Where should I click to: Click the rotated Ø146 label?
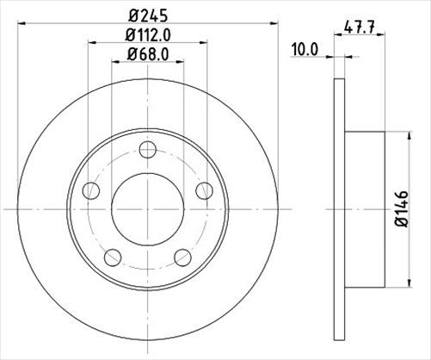[x=403, y=209]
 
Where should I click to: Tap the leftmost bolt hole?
[x=89, y=191]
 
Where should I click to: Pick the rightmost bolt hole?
[x=203, y=191]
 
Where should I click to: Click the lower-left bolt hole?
[x=110, y=257]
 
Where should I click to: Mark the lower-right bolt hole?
[x=182, y=257]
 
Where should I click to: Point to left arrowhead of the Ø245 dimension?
[x=21, y=22]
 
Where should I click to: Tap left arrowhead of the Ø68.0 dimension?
[x=116, y=63]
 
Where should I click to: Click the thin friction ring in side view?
[x=337, y=208]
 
